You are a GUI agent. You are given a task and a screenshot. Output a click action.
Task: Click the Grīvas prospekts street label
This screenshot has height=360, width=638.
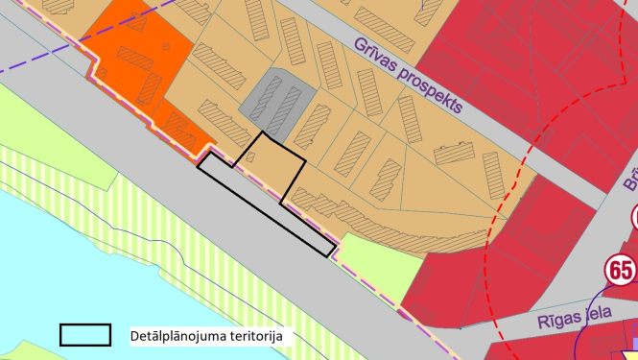coord(408,74)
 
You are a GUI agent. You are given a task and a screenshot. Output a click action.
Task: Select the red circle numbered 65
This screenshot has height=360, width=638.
coord(620,270)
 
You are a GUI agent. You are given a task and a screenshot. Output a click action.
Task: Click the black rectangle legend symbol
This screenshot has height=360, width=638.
coord(85,335)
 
